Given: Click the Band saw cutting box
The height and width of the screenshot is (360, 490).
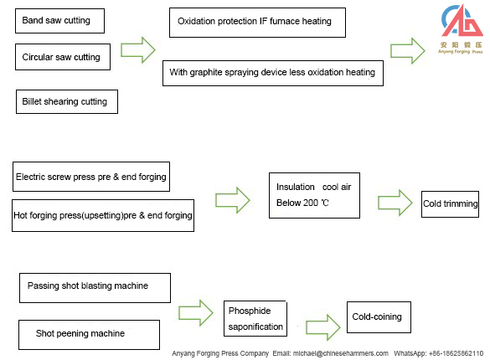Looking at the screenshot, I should (x=59, y=20).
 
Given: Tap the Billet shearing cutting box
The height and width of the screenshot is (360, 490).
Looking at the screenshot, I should (x=68, y=102).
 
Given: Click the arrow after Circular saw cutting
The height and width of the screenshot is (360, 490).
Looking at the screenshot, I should (x=138, y=48).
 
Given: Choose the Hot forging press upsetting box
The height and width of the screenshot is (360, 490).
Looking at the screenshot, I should (x=103, y=215).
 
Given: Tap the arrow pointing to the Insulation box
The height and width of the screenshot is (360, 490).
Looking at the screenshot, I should (x=233, y=200).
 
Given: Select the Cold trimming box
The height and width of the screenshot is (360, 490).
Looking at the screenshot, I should (x=450, y=203).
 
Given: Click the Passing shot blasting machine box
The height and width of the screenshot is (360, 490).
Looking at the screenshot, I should (x=93, y=286).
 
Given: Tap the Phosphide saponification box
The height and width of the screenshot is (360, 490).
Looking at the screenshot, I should (x=255, y=319).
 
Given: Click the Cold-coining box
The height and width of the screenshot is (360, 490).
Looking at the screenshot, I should (x=379, y=317).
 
